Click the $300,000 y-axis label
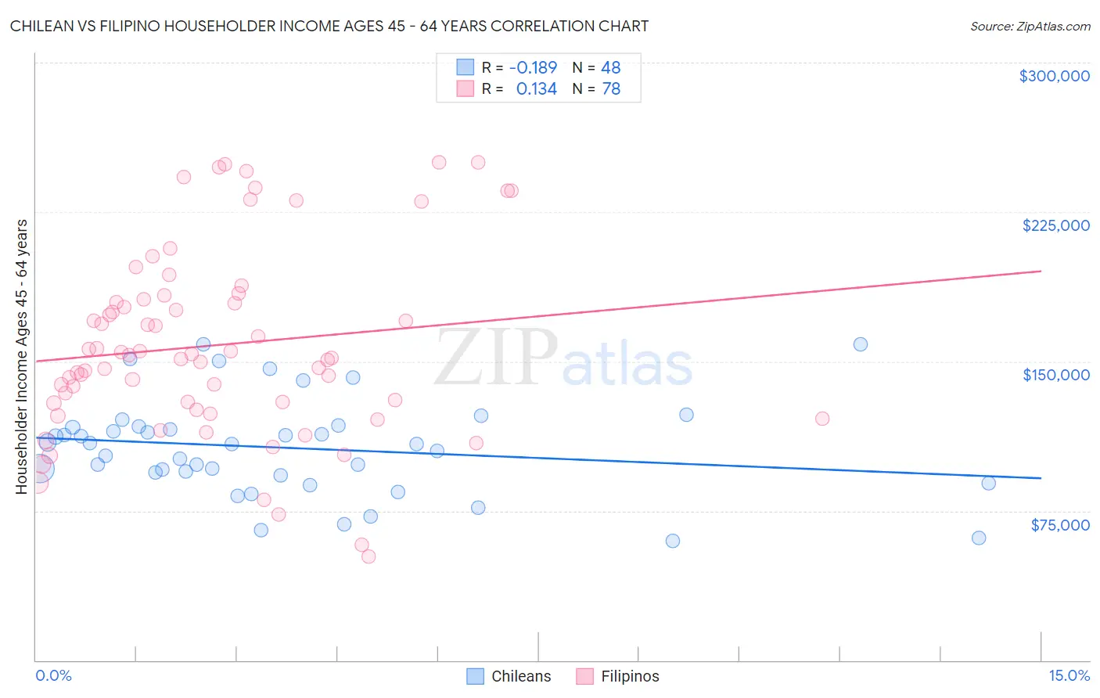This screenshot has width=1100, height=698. pos(1054,76)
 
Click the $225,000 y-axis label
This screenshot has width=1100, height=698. pos(1055,225)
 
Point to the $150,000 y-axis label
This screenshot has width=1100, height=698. pos(1055,375)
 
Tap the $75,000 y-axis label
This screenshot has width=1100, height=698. pos(1059,525)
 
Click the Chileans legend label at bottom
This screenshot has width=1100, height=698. pos(521,676)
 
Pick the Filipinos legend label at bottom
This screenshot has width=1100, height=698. pos(630,676)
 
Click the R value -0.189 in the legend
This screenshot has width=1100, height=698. pos(533,67)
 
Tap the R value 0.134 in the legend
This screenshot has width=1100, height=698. pos(536,89)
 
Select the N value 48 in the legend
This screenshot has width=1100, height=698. pos(610,67)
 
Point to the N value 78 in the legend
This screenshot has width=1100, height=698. pos(610,89)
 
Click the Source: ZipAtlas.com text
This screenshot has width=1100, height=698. pos(1030,27)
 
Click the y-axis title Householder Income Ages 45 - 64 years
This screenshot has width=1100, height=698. pos(21,357)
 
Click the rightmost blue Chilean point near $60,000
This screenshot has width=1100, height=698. pos(978,538)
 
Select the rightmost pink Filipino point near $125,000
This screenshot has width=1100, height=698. pos(821,419)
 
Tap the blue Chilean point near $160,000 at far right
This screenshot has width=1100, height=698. pos(860,344)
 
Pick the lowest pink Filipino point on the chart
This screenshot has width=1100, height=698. pos(368,556)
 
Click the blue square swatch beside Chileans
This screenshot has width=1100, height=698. pos(475,676)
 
